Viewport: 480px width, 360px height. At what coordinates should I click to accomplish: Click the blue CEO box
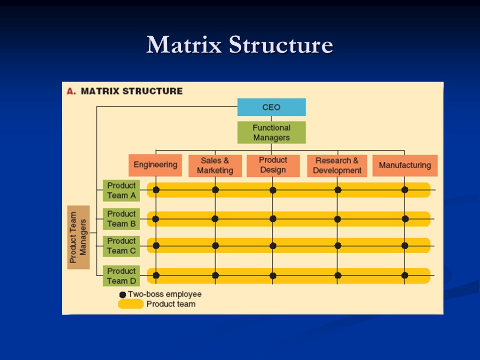point(271,107)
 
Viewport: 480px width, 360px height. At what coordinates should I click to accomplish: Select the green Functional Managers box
point(271,133)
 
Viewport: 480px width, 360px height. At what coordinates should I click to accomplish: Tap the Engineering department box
point(155,165)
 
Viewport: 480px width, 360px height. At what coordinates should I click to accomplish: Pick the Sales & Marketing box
point(215,165)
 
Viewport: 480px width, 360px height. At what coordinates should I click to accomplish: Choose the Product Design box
point(273,165)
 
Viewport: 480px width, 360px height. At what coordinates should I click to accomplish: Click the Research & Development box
point(337,165)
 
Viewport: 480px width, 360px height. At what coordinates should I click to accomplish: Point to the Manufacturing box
point(405,165)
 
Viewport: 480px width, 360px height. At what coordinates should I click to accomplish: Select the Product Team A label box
point(121,190)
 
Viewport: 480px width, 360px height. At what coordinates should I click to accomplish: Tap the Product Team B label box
point(121,218)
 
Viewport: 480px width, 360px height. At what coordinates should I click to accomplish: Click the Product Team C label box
point(121,246)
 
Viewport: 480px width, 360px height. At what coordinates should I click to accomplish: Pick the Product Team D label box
point(121,276)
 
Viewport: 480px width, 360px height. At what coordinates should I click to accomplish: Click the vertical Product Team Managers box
point(78,237)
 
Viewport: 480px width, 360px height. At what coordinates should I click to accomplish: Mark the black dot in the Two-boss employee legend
point(123,294)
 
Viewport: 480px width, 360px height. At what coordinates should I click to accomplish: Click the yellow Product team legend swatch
point(131,304)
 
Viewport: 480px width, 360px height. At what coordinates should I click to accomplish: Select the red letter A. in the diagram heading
point(71,91)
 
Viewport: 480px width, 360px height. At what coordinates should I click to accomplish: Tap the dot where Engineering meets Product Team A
point(156,190)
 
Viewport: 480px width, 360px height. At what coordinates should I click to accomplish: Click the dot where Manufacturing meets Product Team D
point(405,275)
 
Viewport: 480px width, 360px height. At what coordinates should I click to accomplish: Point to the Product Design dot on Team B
point(273,218)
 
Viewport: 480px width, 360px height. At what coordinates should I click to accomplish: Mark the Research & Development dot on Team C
point(337,246)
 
